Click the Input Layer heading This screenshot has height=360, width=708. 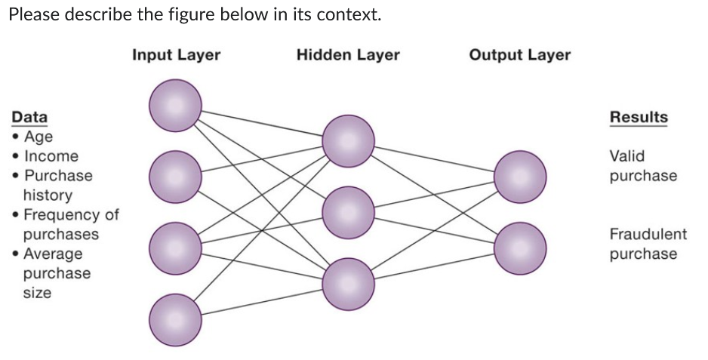176,55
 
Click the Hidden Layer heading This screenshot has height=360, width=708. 348,55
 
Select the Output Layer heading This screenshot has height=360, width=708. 519,55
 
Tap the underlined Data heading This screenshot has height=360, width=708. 29,117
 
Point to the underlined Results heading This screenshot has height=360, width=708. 639,117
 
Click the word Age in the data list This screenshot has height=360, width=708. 38,137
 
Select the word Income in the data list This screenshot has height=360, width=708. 51,156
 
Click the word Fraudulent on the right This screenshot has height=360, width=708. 648,234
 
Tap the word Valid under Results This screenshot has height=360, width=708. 627,156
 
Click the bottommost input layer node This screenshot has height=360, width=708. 175,320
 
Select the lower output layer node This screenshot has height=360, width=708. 520,248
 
